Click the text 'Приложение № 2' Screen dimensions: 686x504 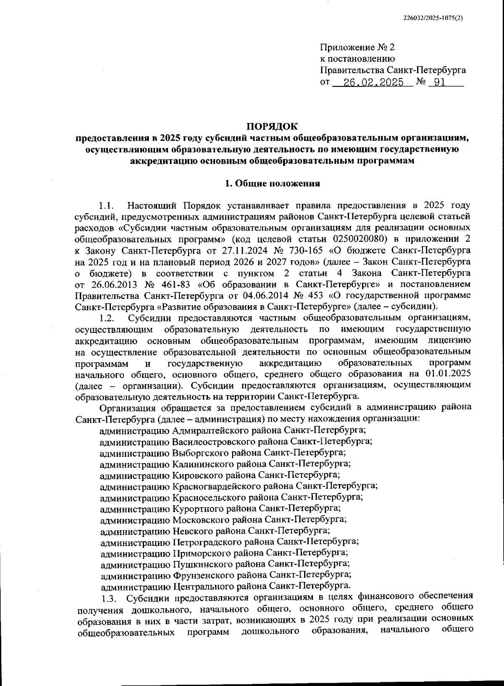click(357, 47)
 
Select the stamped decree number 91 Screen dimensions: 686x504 click(439, 82)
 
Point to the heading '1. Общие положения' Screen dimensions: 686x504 click(272, 183)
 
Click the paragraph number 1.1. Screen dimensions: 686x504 click(107, 206)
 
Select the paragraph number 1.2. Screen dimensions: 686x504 click(107, 318)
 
